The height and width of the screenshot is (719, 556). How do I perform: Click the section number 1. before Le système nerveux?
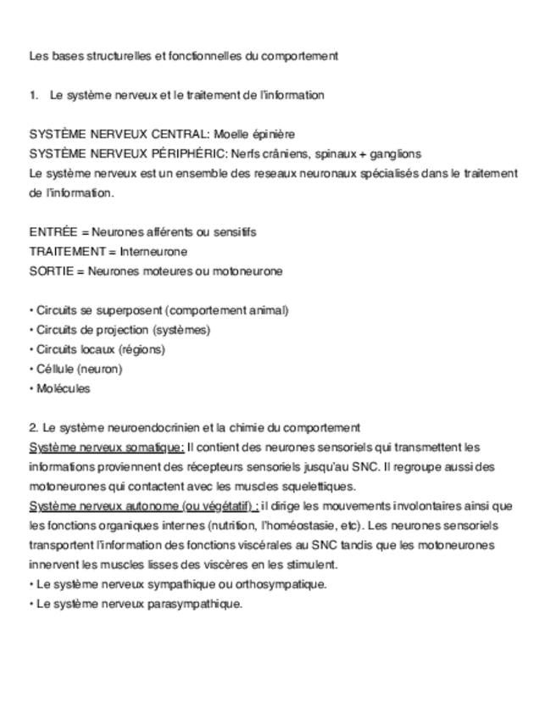pos(34,95)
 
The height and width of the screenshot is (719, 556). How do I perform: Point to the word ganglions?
pos(396,153)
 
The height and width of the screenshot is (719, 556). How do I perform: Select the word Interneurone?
pos(153,251)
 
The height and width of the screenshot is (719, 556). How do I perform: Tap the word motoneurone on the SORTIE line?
pos(251,271)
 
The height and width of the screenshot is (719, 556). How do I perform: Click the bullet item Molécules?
pos(63,389)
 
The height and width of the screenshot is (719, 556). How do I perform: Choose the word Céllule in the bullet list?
pos(55,369)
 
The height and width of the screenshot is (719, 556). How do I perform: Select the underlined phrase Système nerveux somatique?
pos(107,447)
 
